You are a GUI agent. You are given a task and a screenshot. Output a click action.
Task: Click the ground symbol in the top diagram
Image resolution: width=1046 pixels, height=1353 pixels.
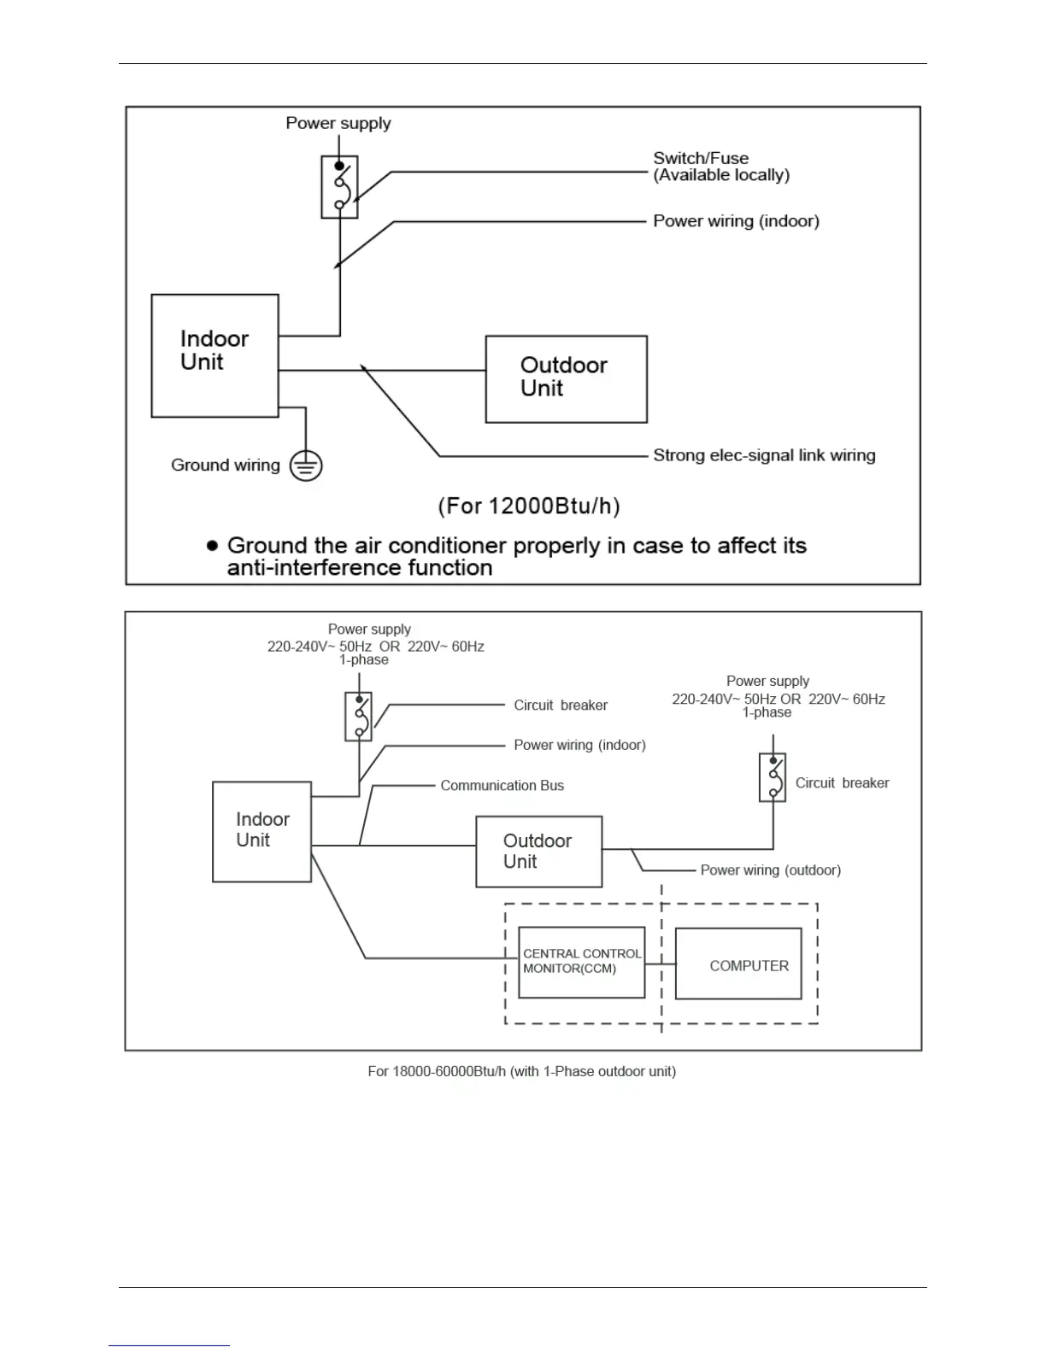306,466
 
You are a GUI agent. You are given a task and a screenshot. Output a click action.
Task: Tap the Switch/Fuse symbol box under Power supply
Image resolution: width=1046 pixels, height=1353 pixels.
339,187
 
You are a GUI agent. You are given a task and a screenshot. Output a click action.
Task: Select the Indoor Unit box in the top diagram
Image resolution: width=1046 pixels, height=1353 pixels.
214,355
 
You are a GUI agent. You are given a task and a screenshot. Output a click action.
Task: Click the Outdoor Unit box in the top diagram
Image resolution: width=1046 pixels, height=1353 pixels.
566,378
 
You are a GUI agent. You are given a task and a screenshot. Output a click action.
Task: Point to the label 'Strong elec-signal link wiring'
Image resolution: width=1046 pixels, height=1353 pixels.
764,455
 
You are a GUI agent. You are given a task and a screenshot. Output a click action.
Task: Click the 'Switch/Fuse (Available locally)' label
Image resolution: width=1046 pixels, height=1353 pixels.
720,167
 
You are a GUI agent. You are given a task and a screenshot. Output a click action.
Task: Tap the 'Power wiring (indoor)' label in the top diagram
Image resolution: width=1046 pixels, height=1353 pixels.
736,221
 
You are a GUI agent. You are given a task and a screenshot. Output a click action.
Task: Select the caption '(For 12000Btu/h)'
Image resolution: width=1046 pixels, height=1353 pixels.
529,506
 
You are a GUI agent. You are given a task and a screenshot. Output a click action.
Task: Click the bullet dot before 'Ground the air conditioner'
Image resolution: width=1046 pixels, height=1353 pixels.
213,545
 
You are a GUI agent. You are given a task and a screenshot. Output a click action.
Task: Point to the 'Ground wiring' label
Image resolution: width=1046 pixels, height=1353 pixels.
226,465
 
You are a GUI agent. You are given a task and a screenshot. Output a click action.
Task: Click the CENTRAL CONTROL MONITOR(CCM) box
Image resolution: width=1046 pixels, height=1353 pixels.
581,962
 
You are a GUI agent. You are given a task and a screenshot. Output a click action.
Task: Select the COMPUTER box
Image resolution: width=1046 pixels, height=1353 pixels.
738,963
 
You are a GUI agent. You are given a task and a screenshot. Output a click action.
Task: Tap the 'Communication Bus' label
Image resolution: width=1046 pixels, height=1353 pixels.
502,786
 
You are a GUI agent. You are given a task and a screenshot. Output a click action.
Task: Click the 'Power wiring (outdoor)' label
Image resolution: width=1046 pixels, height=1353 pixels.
770,870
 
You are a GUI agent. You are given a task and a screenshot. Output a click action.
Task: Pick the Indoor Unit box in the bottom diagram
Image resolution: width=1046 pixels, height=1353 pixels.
261,831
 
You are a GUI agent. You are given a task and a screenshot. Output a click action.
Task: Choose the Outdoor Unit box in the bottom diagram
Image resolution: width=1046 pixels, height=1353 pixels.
538,852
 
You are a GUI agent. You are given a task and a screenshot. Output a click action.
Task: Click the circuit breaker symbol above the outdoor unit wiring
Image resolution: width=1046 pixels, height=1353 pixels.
773,777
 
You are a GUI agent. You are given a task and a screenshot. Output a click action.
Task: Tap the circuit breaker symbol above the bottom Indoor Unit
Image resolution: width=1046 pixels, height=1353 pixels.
358,716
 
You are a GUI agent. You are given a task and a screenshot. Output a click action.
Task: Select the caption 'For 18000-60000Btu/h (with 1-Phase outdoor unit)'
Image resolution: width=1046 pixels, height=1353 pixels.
521,1071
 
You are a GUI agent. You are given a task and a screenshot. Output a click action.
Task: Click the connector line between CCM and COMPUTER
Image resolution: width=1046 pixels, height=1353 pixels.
660,964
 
